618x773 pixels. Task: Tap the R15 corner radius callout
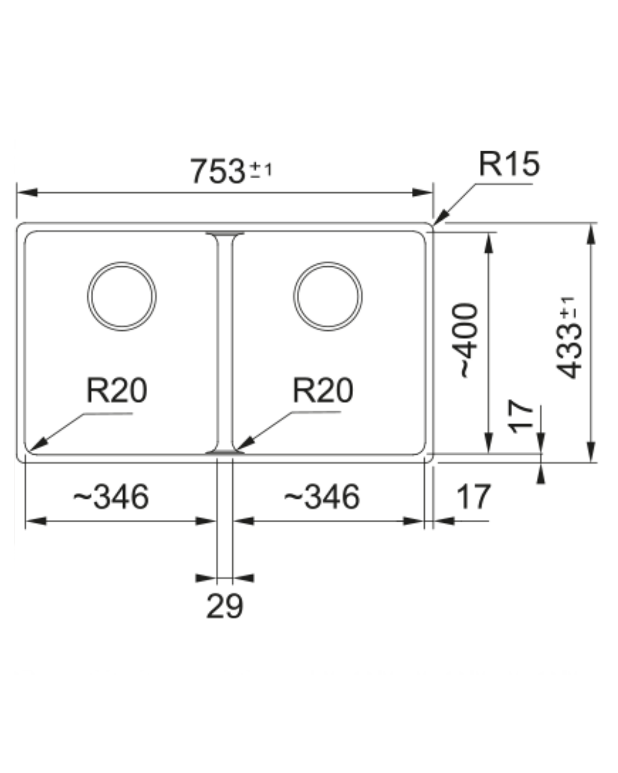(x=509, y=164)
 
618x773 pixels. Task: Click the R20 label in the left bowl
(x=117, y=390)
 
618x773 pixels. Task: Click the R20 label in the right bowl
(x=323, y=390)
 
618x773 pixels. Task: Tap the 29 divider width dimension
(x=225, y=606)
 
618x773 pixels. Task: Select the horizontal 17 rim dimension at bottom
(x=473, y=497)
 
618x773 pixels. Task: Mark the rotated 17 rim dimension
(x=520, y=416)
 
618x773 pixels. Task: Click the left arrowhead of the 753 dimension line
(x=27, y=192)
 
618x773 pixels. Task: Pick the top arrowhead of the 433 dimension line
(x=591, y=234)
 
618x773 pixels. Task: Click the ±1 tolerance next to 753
(x=262, y=170)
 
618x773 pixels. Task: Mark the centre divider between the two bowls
(x=225, y=343)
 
